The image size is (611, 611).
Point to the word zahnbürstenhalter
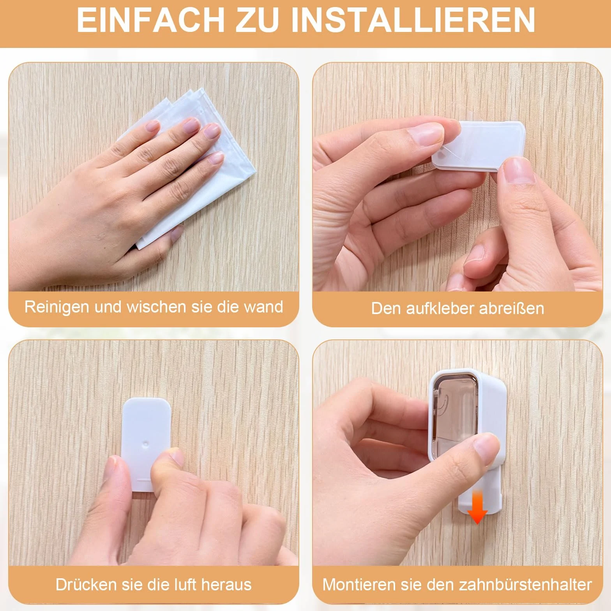(x=525, y=585)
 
